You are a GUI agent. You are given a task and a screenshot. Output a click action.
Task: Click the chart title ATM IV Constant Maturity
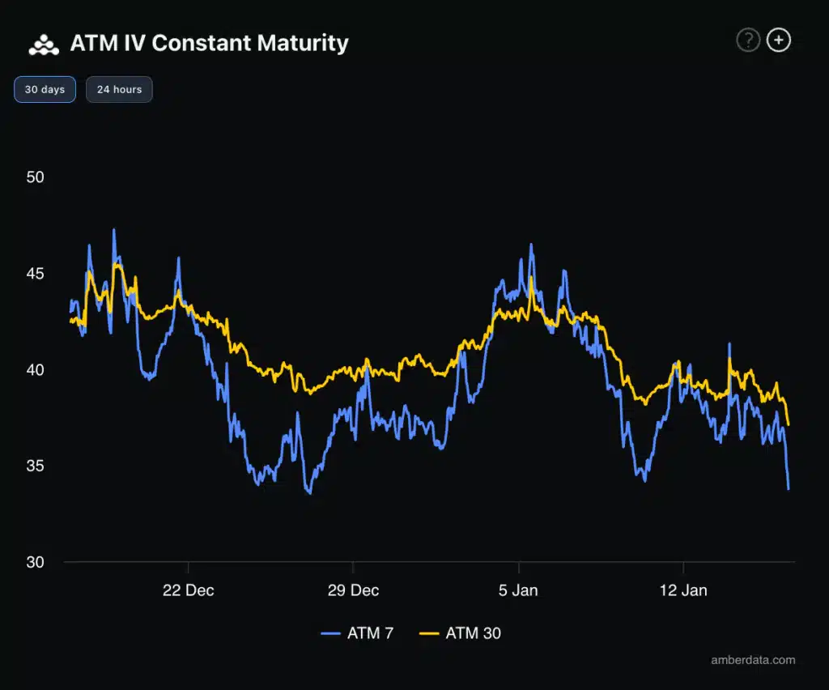pos(209,43)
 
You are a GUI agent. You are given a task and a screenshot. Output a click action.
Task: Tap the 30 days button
pos(45,89)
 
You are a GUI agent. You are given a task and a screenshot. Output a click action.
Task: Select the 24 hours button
pos(119,89)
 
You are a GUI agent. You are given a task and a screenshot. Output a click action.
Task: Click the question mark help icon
pos(747,40)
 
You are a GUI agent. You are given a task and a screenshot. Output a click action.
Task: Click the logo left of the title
pos(44,45)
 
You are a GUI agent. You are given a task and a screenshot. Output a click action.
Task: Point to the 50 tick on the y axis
pos(34,177)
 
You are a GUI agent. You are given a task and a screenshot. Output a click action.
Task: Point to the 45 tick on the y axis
pos(34,274)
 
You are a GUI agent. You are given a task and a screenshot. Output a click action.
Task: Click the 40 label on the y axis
pos(34,370)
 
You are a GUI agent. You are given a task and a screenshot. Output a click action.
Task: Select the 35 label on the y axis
pos(34,466)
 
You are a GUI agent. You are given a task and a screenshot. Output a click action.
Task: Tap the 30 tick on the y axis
pos(34,562)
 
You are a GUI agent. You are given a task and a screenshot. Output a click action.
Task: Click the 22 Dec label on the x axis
pos(188,590)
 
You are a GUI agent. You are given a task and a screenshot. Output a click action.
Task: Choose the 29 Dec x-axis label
pos(353,590)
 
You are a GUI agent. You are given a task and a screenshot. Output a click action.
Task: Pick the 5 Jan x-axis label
pos(518,590)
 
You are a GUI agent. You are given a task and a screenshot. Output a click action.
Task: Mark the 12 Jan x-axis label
pos(683,590)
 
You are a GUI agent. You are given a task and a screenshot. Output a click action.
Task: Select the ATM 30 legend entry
pos(460,633)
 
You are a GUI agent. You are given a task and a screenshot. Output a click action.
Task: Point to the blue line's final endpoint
pos(789,488)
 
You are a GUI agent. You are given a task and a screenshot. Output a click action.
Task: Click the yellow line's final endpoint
pos(789,424)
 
